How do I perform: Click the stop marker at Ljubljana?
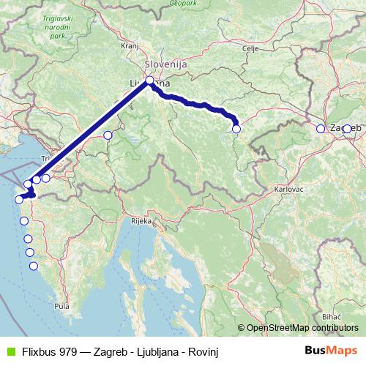point(149,81)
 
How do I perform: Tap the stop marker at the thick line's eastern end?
point(236,129)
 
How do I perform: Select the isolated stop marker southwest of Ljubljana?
point(108,135)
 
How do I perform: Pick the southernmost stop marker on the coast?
point(33,266)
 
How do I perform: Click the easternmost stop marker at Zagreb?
point(347,129)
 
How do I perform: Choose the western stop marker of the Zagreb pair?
point(320,129)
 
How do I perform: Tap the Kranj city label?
point(130,45)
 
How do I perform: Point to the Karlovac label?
point(288,189)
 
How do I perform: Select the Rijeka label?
point(141,220)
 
